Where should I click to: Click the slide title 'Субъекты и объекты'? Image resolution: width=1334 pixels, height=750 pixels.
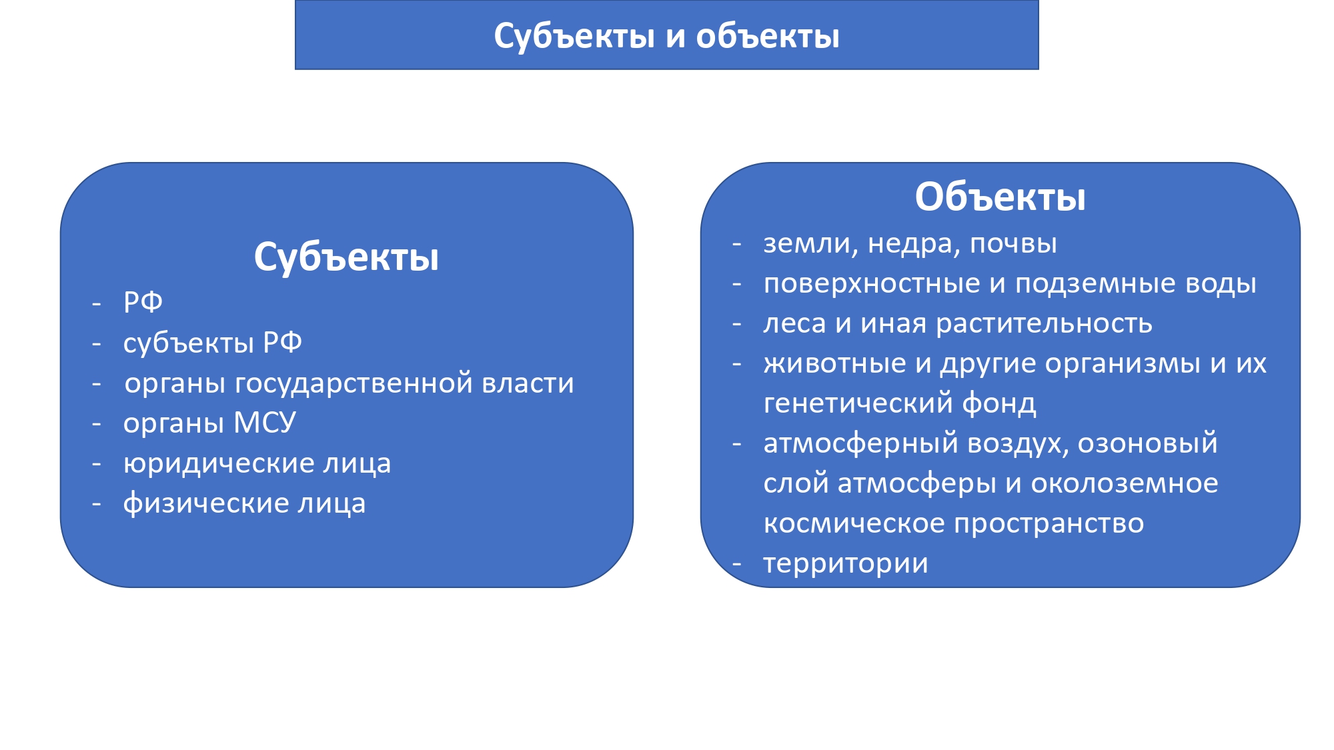tap(666, 36)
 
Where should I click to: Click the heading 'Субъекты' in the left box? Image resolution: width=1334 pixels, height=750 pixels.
tap(346, 257)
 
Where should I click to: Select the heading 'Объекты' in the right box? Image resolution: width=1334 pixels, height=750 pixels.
tap(1000, 197)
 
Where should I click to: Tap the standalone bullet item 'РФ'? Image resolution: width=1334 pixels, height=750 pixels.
tap(143, 302)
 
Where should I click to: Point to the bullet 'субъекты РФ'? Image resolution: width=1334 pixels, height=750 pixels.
tap(212, 343)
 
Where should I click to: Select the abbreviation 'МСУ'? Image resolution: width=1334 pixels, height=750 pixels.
tap(265, 423)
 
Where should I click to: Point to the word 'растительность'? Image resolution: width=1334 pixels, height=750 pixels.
tap(1044, 325)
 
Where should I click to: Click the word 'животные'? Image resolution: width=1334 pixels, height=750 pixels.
tap(835, 364)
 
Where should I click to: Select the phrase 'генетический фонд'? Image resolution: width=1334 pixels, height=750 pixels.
tap(900, 404)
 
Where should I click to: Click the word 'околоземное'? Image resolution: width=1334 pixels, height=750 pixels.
tap(1125, 484)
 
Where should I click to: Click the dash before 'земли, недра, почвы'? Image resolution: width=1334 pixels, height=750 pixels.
tap(736, 245)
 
